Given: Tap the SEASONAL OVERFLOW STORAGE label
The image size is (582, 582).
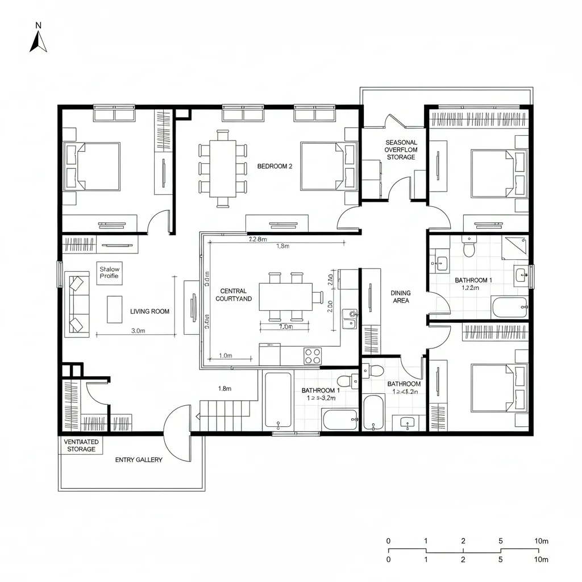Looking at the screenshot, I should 401,149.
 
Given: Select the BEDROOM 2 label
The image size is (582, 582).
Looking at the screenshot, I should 275,167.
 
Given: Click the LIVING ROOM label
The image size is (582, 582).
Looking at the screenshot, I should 149,311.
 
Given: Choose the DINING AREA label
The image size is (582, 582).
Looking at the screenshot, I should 401,297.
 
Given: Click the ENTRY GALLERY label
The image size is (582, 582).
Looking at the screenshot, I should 139,460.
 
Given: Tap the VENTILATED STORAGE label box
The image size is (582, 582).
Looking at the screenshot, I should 81,445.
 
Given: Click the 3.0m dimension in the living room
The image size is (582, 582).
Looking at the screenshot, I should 139,330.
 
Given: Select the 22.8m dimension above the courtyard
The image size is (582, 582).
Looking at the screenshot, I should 257,239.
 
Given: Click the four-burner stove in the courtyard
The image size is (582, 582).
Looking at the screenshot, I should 312,356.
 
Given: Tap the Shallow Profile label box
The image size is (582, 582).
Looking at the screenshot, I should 109,272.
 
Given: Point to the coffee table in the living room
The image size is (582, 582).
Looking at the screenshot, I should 115,309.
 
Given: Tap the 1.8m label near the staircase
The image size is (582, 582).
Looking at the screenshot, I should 225,389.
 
